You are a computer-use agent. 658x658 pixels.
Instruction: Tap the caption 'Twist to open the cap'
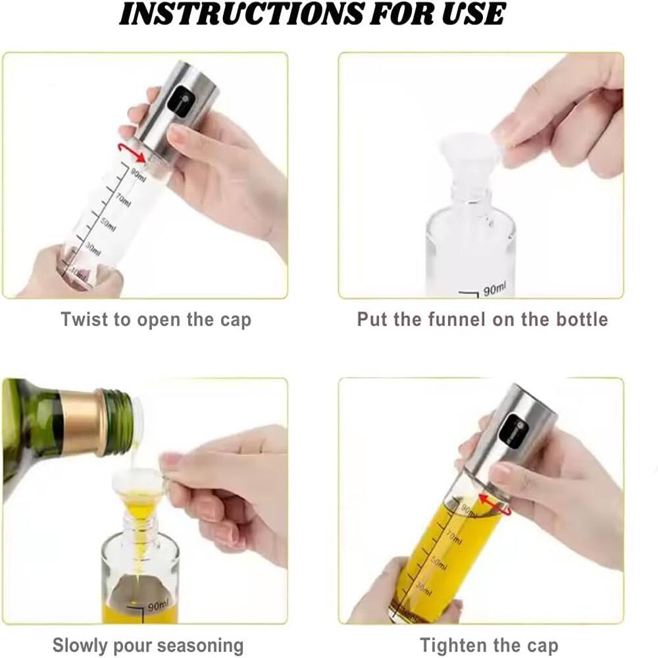[156, 320]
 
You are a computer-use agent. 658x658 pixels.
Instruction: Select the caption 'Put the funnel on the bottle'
[482, 320]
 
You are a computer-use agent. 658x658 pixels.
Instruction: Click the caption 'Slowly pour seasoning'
[148, 645]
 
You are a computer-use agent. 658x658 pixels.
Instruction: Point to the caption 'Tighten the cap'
[488, 645]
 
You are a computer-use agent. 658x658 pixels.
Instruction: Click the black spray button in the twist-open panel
[178, 101]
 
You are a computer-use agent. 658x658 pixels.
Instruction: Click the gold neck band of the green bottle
[80, 420]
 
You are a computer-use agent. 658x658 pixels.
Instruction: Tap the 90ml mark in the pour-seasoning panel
[159, 603]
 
